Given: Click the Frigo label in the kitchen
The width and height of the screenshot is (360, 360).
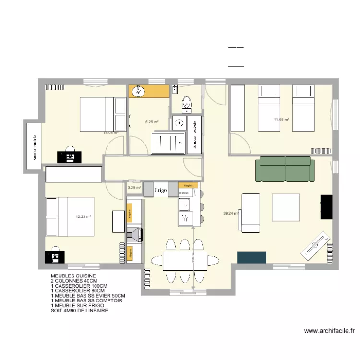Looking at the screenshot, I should (x=160, y=191).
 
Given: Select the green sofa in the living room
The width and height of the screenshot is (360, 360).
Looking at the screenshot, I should (x=285, y=169).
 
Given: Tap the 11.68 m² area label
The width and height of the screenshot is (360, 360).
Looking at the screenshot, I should (x=281, y=120).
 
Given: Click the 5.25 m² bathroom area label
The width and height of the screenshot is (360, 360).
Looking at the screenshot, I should (x=152, y=122).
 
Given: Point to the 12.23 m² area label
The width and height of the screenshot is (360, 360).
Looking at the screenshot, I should (x=83, y=216).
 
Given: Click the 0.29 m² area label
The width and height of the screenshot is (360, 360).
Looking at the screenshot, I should (x=134, y=188).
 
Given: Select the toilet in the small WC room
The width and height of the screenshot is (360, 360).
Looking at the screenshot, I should (x=186, y=102).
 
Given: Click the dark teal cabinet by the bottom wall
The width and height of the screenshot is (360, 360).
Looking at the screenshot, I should (x=252, y=257).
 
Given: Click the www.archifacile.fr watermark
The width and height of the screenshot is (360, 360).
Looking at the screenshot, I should (x=329, y=331).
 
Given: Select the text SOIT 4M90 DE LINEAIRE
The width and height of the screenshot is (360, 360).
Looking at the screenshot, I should (x=79, y=311).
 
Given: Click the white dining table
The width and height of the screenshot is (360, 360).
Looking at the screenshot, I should (x=180, y=261).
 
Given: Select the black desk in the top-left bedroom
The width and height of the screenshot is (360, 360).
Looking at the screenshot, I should (x=70, y=156).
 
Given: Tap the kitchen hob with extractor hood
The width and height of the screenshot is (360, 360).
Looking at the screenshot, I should (x=134, y=234).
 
